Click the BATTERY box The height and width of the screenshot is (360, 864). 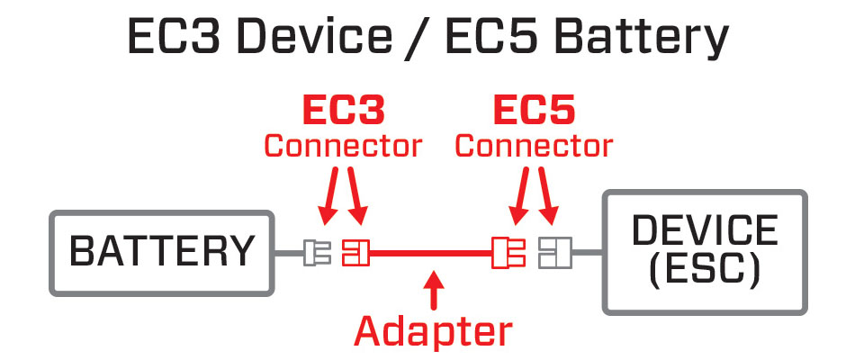click(x=162, y=252)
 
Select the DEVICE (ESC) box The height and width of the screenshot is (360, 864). click(x=704, y=252)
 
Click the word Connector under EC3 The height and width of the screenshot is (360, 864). click(x=342, y=145)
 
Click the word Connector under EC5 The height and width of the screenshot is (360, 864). click(x=535, y=145)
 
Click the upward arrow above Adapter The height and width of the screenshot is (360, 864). click(x=435, y=291)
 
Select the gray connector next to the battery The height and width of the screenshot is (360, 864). click(x=317, y=252)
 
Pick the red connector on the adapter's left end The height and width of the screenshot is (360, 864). click(x=355, y=252)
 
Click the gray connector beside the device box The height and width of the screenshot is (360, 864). click(x=550, y=252)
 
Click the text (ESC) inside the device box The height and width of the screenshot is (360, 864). click(x=704, y=268)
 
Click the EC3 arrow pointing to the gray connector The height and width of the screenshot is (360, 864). click(x=328, y=200)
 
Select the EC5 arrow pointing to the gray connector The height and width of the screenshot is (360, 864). click(x=549, y=200)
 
